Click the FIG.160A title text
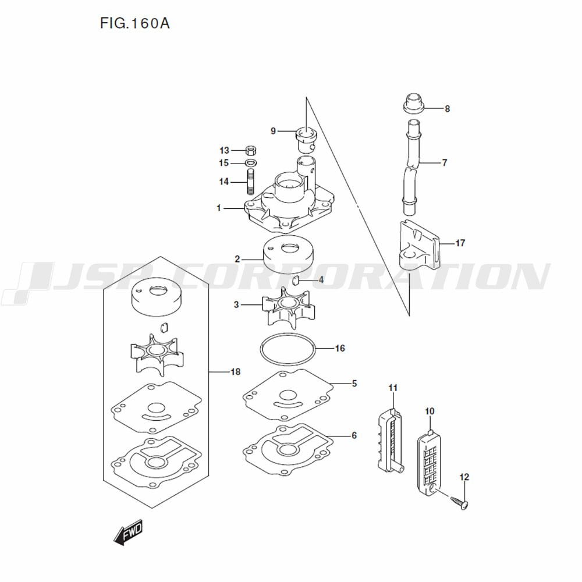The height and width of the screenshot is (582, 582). [135, 23]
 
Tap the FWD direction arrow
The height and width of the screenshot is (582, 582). [127, 532]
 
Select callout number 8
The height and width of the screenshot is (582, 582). [447, 109]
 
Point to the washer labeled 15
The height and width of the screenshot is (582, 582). [251, 163]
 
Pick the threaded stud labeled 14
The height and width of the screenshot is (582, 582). [250, 182]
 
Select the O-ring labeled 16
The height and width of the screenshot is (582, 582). [288, 349]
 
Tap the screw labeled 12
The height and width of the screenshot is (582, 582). [459, 503]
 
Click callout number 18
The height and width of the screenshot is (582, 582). [235, 371]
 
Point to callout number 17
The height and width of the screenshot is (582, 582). [460, 243]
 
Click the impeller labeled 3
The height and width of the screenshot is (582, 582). [289, 307]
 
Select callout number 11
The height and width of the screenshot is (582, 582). [393, 388]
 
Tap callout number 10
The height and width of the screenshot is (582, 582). [430, 411]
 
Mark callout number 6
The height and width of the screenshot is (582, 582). [354, 435]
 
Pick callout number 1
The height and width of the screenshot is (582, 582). [219, 208]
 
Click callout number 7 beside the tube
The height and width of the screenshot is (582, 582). [445, 162]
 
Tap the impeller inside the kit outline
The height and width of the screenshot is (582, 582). [157, 354]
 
